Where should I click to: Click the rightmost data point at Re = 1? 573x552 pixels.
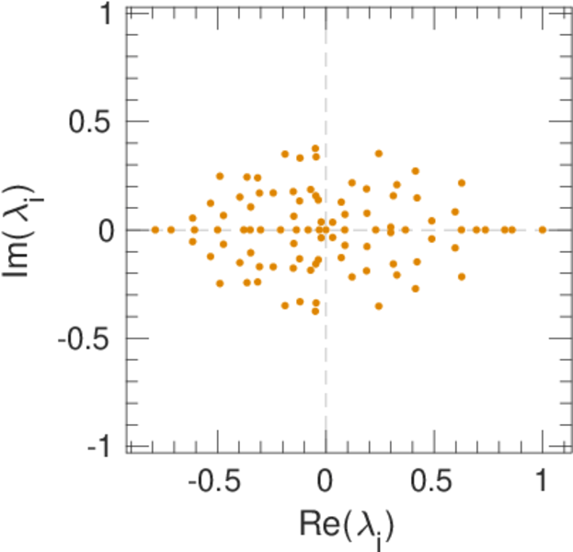[543, 229]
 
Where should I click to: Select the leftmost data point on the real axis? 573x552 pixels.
[155, 229]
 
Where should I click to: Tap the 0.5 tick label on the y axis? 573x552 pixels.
[92, 121]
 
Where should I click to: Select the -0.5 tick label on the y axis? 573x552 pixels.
[87, 339]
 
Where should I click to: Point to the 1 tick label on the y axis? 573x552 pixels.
[105, 14]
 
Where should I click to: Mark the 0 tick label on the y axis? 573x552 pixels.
[105, 230]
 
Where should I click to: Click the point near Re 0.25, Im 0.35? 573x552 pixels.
[378, 154]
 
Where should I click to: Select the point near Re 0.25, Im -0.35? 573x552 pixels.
[378, 305]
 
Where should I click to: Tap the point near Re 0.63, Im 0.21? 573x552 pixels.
[462, 183]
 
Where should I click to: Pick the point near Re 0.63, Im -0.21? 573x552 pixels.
[462, 276]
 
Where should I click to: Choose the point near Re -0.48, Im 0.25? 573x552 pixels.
[220, 176]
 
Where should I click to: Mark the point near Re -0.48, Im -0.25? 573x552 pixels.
[220, 283]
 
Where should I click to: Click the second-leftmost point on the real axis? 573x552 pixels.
[171, 229]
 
